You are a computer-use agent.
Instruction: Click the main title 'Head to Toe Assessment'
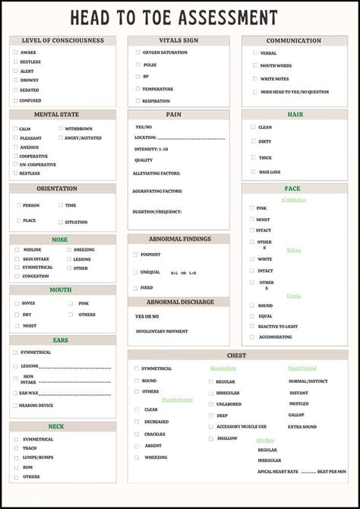click(174, 17)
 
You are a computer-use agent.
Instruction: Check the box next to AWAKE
click(15, 52)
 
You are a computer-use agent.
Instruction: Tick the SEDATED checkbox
click(15, 90)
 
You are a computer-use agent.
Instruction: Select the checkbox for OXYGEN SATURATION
click(137, 52)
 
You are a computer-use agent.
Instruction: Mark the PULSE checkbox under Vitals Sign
click(137, 65)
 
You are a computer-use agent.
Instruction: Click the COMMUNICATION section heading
click(294, 41)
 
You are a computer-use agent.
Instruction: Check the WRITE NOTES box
click(254, 78)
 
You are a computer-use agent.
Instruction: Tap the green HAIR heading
click(295, 115)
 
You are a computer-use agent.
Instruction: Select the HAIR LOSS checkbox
click(254, 172)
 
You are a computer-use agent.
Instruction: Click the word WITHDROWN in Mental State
click(78, 128)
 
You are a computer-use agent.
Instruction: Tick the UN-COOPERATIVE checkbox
click(15, 164)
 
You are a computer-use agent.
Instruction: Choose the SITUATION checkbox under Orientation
click(61, 222)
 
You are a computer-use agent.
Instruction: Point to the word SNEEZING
click(84, 250)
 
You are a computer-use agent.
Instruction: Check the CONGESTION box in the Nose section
click(17, 277)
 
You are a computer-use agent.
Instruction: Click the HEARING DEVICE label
click(36, 405)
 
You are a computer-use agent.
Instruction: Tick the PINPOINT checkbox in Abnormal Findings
click(135, 254)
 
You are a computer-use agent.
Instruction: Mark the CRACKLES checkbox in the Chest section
click(137, 434)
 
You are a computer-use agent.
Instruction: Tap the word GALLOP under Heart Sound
click(296, 415)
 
